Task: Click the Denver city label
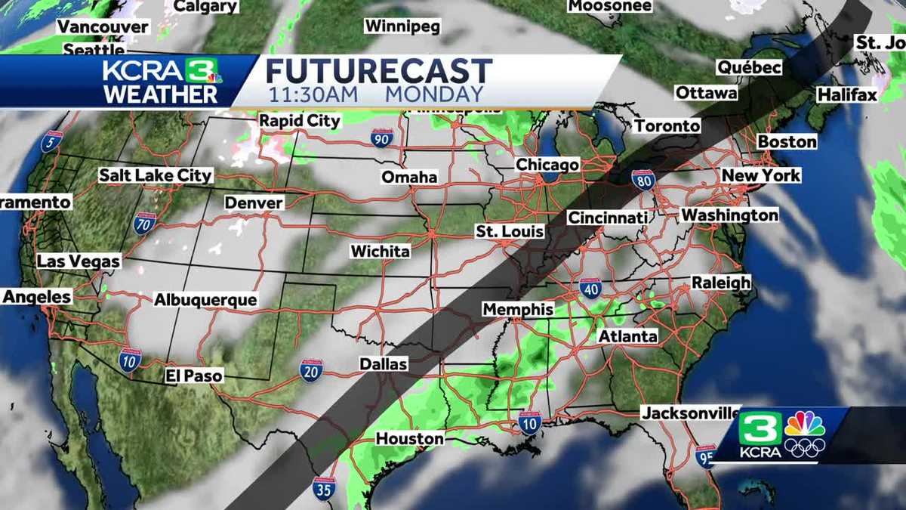pos(254,203)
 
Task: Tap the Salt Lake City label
pos(156,175)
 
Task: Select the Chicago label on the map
pos(547,165)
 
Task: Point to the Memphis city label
pos(518,310)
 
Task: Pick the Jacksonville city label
pos(691,413)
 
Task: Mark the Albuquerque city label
pos(205,300)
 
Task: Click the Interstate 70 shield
pos(145,224)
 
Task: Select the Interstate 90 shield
pos(382,139)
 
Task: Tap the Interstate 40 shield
pos(591,289)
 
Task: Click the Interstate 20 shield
pos(311,370)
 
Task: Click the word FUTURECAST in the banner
pos(379,72)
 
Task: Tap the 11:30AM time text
pos(313,94)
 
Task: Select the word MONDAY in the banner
pos(433,94)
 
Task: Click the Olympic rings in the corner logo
pos(805,447)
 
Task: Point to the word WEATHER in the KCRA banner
pos(161,94)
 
